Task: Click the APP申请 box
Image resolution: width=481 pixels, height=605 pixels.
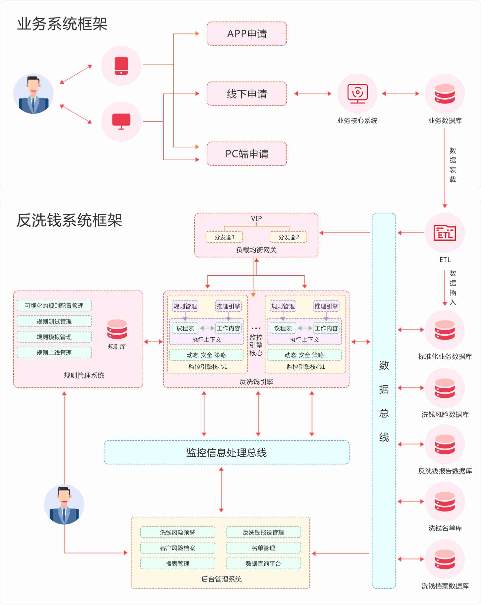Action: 247,34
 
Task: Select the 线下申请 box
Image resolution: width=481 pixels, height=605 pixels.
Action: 247,94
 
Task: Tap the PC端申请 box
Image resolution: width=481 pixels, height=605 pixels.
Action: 247,154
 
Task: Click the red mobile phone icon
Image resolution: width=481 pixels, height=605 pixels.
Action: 121,66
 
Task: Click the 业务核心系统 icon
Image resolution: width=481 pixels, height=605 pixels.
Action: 357,94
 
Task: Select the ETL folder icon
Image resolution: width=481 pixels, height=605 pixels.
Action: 445,233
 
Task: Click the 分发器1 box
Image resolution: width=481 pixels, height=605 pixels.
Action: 224,237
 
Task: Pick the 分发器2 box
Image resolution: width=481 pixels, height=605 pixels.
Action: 288,237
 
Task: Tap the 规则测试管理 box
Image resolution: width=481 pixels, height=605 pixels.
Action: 54,321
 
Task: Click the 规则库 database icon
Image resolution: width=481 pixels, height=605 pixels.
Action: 117,329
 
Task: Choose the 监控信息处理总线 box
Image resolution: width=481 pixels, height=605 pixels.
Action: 227,452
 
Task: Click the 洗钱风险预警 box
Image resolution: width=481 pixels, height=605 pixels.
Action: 177,532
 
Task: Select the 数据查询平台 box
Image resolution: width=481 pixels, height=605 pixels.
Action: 263,563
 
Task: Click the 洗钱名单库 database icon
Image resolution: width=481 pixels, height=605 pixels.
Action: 445,502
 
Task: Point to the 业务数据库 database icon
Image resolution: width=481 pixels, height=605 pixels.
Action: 445,94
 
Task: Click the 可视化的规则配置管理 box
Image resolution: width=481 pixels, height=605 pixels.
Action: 54,306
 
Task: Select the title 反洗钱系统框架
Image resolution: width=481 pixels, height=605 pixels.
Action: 69,220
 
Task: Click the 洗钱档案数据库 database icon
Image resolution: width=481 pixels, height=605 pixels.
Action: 445,559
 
